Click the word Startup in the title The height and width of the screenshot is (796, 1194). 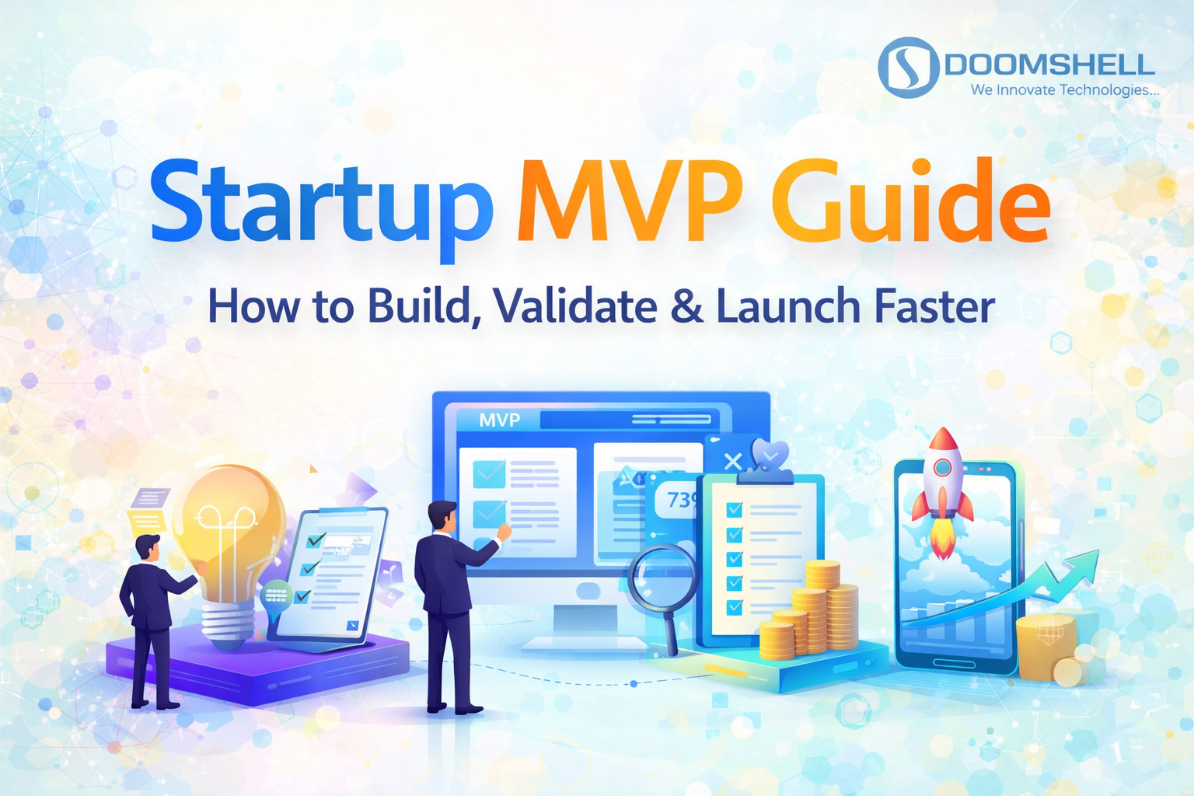click(320, 202)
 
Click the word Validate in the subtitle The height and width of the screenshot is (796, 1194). click(575, 306)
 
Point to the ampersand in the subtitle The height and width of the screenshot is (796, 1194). click(686, 306)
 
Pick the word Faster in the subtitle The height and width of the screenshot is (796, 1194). click(934, 306)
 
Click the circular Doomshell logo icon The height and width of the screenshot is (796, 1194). click(908, 68)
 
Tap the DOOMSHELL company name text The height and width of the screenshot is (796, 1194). click(1049, 65)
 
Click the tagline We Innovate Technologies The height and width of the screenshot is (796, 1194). click(1063, 90)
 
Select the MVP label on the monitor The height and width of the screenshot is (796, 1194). click(499, 421)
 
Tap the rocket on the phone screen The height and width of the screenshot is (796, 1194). click(942, 486)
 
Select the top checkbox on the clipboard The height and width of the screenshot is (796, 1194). click(734, 510)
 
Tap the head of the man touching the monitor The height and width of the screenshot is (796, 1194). click(442, 515)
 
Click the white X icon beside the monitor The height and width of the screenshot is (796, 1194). click(732, 462)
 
